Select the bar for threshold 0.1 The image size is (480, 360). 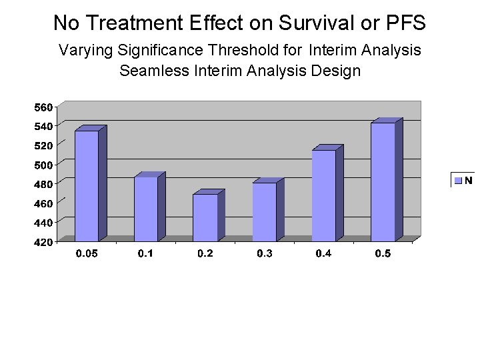click(146, 209)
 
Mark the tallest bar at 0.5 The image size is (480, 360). click(383, 181)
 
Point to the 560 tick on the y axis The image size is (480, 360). click(43, 107)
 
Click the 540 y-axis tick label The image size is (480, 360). click(43, 125)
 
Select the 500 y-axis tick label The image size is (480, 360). click(43, 163)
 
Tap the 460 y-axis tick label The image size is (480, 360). click(43, 201)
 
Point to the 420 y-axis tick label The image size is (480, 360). click(43, 242)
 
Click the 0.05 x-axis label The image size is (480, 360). click(87, 254)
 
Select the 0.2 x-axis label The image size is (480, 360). click(205, 254)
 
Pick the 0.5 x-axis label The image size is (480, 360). click(383, 254)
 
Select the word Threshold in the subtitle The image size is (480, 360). click(256, 50)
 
